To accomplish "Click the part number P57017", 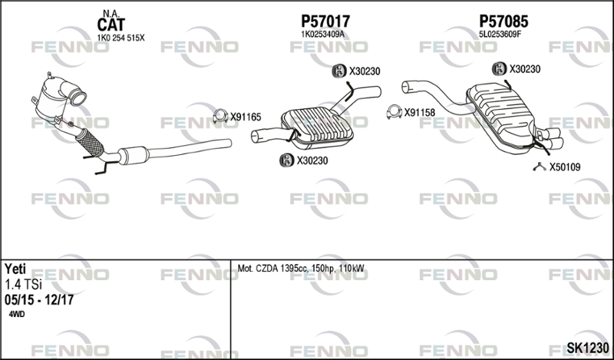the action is [325, 21].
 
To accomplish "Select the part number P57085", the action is [503, 21].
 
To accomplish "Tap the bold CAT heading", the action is [111, 25].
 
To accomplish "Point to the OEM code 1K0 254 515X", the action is [120, 38].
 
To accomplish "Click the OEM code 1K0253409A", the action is [322, 34].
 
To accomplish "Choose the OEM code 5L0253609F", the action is [500, 34].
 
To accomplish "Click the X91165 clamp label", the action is [246, 117].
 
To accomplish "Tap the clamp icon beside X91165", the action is [220, 117].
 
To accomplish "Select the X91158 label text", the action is [419, 113].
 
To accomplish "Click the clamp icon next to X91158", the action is [394, 112].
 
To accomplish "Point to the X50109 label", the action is [565, 167].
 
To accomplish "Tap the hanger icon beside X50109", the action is [540, 167].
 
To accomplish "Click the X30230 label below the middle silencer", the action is [312, 160].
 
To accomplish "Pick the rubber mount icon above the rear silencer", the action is [500, 69].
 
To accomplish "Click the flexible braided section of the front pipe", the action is [90, 142].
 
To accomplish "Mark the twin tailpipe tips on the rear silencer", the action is [550, 138].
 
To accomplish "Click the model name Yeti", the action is [15, 269].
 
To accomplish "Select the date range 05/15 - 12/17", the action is [39, 299].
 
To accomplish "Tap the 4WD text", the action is [16, 314].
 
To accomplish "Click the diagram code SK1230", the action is [588, 348].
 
